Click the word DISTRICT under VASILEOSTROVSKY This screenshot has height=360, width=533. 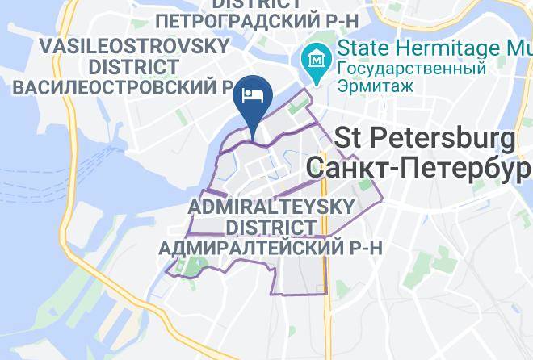click(134, 65)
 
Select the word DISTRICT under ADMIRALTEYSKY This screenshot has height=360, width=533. click(269, 228)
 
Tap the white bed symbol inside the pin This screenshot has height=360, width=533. click(253, 94)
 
